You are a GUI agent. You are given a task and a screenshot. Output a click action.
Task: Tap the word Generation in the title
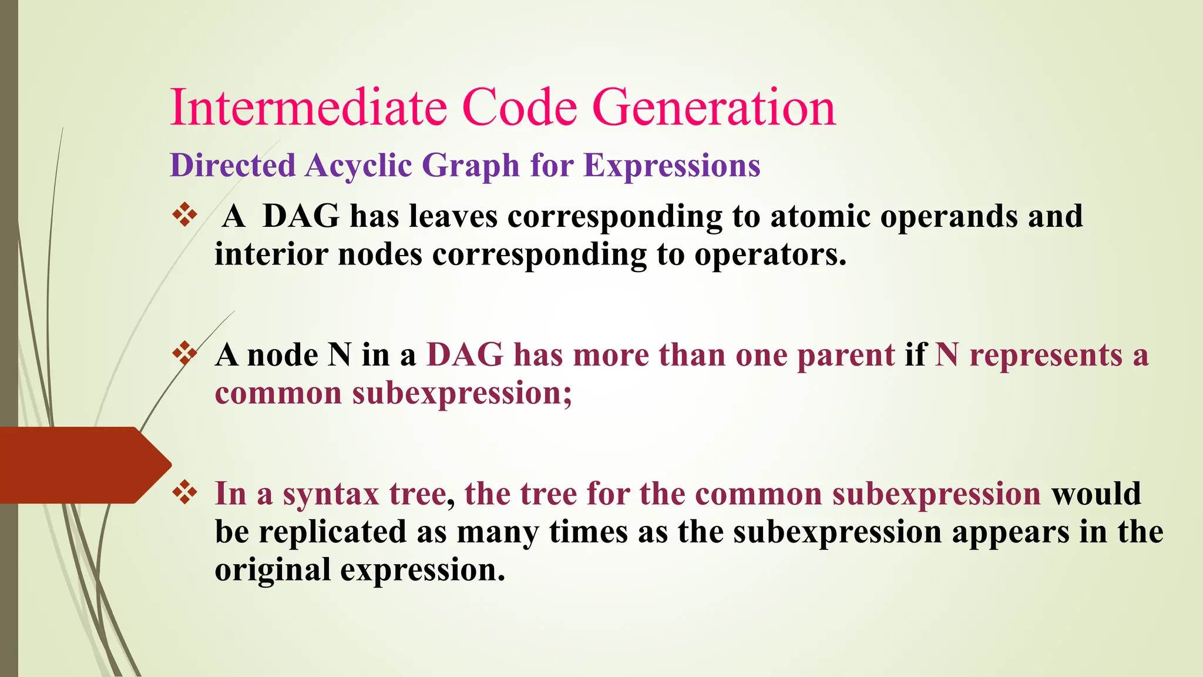pyautogui.click(x=714, y=108)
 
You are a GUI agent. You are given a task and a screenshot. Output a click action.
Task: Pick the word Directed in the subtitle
pyautogui.click(x=233, y=165)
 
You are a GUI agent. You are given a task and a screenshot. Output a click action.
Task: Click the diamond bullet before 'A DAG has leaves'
pyautogui.click(x=184, y=215)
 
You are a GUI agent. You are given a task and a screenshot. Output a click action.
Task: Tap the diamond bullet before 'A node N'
pyautogui.click(x=184, y=354)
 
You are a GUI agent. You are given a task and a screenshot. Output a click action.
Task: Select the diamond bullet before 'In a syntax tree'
pyautogui.click(x=184, y=492)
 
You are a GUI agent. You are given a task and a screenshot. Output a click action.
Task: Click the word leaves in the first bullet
pyautogui.click(x=453, y=216)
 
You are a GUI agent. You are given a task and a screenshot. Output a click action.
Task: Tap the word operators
pyautogui.click(x=771, y=256)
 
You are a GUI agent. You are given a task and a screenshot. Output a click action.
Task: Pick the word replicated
pyautogui.click(x=332, y=532)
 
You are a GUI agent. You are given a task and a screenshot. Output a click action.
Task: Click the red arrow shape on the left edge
pyautogui.click(x=82, y=465)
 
